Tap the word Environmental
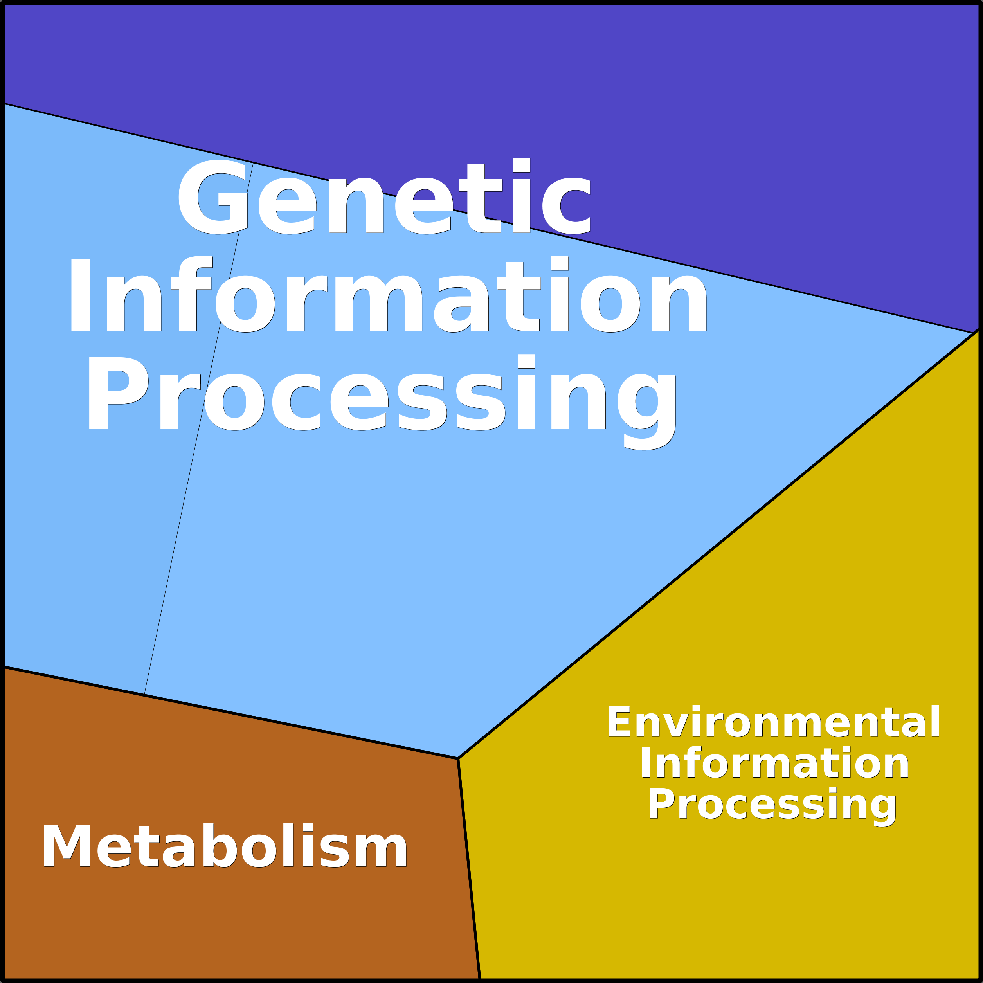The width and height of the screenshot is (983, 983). pyautogui.click(x=773, y=722)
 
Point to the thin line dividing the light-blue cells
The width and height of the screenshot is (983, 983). pyautogui.click(x=198, y=428)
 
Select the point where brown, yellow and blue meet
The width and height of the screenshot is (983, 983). pyautogui.click(x=458, y=758)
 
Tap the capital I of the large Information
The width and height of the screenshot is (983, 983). pyautogui.click(x=80, y=295)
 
